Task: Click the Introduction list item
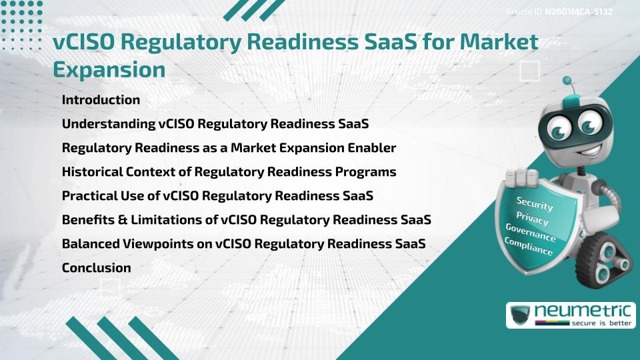coord(101,100)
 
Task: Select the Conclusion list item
coord(96,268)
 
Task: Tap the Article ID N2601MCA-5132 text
coord(559,11)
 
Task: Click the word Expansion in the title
coord(109,69)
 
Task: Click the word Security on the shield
coord(535,203)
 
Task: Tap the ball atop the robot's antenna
coord(568,82)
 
